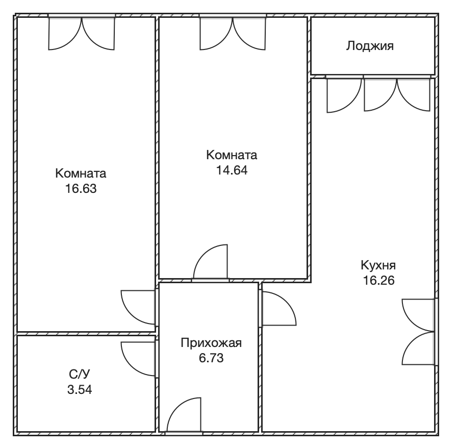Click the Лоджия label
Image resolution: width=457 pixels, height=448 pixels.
[370, 46]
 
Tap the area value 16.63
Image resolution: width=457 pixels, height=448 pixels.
[81, 188]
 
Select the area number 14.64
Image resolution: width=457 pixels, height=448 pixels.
[232, 170]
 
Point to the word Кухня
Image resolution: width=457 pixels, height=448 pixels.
[378, 265]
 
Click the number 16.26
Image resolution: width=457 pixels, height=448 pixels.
[378, 280]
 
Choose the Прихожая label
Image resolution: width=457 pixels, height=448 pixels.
[211, 343]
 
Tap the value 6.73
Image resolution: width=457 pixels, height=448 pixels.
[211, 358]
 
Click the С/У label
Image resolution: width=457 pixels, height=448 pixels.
[80, 374]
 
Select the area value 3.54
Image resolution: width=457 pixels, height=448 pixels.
[80, 389]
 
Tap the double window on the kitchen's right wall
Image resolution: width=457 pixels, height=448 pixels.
[419, 332]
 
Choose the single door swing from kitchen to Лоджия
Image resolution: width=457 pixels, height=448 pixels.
[344, 95]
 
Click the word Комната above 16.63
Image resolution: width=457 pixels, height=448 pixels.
[81, 173]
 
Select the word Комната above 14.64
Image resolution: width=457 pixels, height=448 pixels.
[232, 155]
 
